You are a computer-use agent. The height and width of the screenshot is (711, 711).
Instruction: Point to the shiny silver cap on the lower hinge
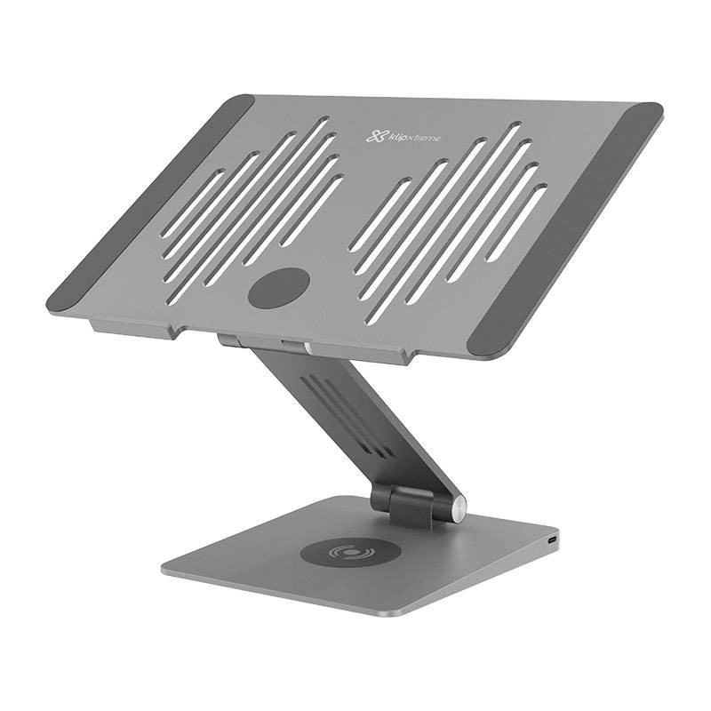click(x=459, y=511)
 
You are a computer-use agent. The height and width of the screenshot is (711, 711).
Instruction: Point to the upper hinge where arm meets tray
click(x=267, y=343)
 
